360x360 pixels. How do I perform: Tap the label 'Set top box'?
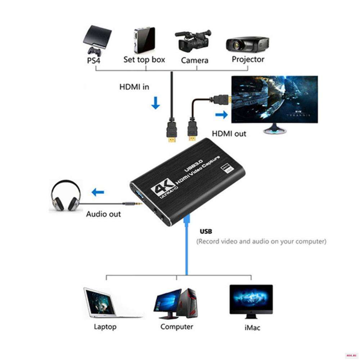144,59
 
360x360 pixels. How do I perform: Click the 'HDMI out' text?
229,134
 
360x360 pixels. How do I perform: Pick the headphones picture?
66,196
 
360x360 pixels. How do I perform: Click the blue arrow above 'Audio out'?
98,193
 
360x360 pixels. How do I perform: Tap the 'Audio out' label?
103,214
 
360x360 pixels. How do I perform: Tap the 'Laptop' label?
105,327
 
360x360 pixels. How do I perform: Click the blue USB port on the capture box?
139,197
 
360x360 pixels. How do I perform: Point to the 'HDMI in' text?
134,87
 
